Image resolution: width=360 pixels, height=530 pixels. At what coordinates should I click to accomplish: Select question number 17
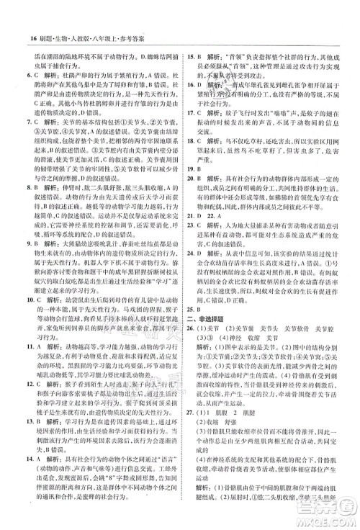192,112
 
